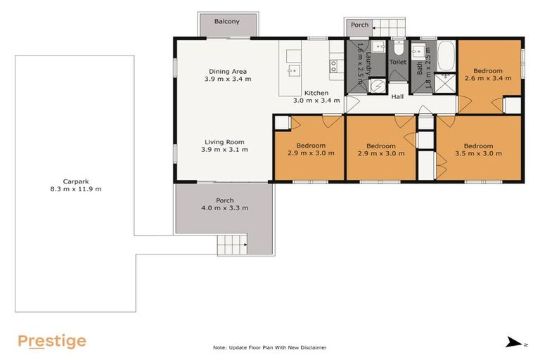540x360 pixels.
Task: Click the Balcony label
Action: tap(227, 22)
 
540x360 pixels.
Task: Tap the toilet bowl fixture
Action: tap(398, 49)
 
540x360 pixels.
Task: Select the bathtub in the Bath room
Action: tap(446, 56)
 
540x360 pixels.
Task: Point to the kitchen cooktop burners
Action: tap(334, 65)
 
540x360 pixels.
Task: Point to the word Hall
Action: tap(397, 97)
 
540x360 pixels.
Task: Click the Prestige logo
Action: tap(52, 342)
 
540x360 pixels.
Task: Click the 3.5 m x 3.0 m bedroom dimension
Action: tap(478, 153)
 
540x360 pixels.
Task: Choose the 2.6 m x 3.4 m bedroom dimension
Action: tap(487, 79)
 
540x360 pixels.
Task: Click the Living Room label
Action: tap(225, 141)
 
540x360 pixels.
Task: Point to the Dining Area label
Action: tap(227, 71)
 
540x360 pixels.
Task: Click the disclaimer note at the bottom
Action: tap(270, 347)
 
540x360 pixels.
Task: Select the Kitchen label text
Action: tap(316, 92)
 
